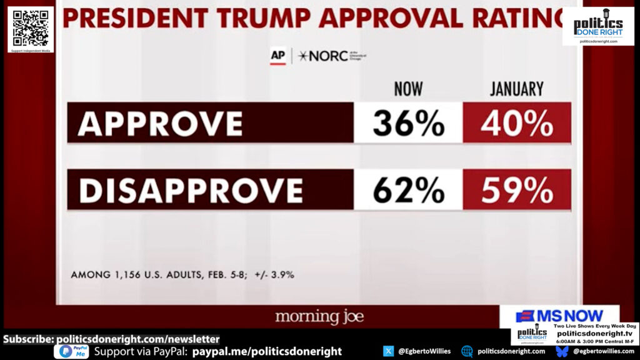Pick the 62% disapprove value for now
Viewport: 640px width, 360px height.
408,189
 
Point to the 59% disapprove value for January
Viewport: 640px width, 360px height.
517,189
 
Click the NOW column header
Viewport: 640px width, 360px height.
408,89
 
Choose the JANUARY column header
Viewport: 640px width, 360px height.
517,89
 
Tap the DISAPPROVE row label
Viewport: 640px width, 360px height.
191,189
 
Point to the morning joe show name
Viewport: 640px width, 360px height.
319,316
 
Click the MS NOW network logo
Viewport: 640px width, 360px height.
559,316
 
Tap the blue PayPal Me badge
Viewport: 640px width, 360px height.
71,351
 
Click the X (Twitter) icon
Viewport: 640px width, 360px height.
388,351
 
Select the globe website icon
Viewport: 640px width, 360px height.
467,351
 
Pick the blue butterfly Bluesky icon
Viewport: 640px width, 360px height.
562,351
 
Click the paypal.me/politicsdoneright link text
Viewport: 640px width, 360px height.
267,351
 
